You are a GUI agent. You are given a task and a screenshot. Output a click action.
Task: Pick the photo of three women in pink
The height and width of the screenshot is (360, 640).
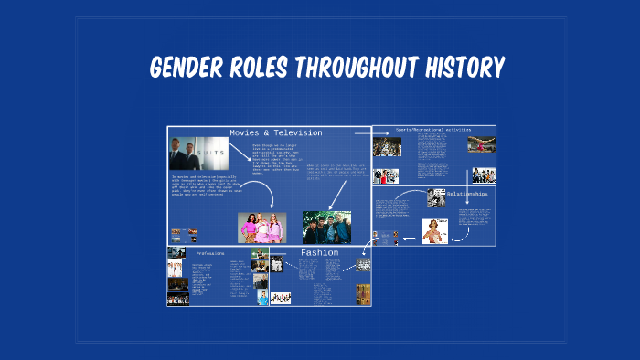261,227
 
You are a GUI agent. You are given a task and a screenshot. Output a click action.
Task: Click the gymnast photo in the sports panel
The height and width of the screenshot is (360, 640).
481,144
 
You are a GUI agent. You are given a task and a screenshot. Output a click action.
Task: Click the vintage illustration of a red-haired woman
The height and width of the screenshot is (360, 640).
434,231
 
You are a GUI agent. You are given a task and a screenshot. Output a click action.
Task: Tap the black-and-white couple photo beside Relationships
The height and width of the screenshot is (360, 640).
436,197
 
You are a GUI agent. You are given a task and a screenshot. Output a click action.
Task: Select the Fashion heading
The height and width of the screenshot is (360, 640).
319,252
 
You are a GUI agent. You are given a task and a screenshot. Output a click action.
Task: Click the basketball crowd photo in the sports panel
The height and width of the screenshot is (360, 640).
386,147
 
